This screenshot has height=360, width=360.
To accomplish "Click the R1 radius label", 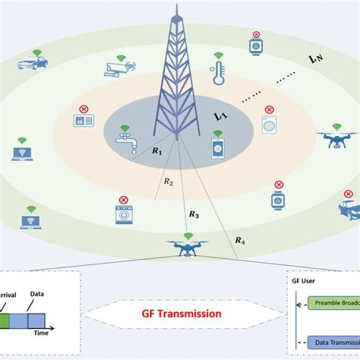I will [x=156, y=152].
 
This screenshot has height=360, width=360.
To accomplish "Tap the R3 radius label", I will [x=194, y=216].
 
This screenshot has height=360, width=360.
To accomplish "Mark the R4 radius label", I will [x=239, y=241].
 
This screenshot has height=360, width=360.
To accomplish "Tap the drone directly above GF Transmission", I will [x=180, y=245].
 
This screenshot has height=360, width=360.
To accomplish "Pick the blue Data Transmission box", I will [x=334, y=343].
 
